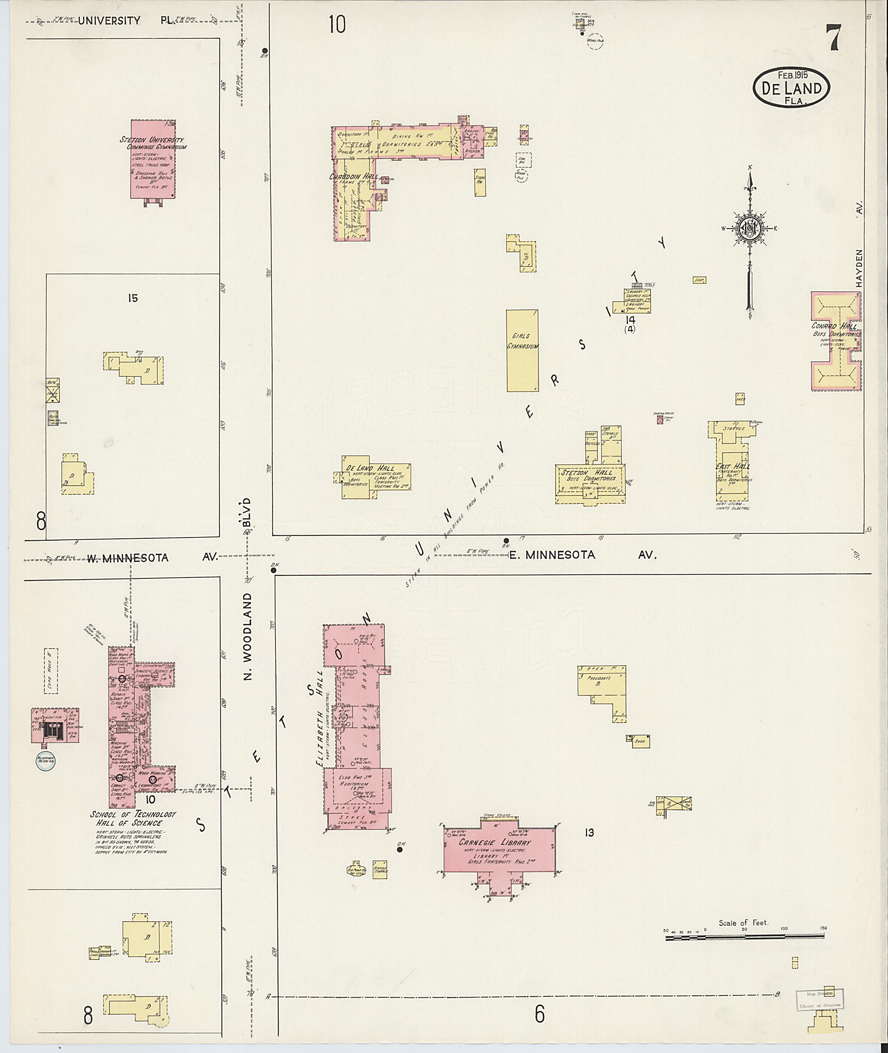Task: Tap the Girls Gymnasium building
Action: tap(522, 350)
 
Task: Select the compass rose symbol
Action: tap(750, 229)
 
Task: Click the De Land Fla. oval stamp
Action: tap(791, 87)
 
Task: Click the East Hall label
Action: tap(732, 466)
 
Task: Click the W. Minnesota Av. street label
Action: tap(151, 557)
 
